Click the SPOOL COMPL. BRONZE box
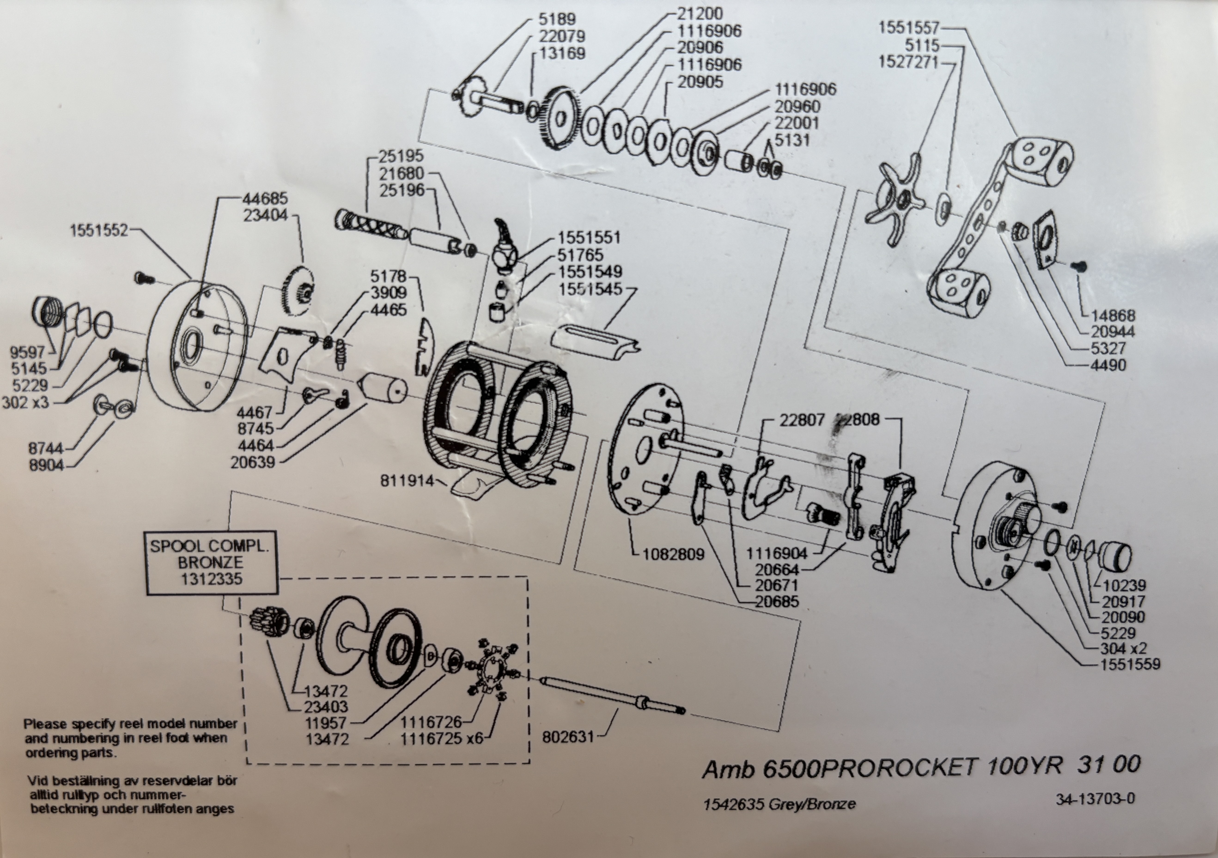(211, 563)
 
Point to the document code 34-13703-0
(1095, 799)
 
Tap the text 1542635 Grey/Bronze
(779, 804)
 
